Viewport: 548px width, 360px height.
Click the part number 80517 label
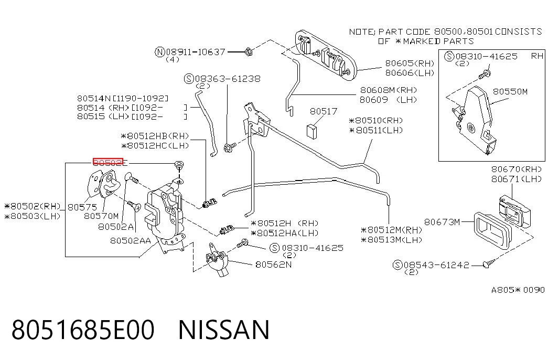click(323, 111)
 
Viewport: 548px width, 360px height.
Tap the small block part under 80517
click(311, 131)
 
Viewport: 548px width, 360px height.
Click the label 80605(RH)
click(410, 63)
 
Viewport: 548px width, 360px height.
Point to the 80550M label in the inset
click(510, 92)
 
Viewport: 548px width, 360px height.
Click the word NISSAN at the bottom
click(224, 330)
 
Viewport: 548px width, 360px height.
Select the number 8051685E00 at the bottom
click(83, 330)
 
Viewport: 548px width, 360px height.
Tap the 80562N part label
click(273, 264)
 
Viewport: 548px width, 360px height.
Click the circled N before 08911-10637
click(160, 52)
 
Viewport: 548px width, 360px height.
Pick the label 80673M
click(442, 222)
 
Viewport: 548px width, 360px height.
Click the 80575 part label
click(82, 207)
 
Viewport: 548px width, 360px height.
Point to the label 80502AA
click(131, 241)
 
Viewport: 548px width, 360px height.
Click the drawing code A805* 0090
click(518, 290)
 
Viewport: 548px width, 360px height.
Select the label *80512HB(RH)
click(155, 136)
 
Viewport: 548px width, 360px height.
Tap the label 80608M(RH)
click(389, 90)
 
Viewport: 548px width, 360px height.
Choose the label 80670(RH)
click(516, 170)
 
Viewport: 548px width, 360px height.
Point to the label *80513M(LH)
click(391, 240)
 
